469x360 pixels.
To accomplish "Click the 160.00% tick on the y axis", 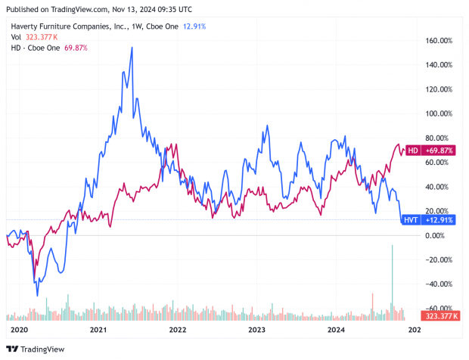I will [x=439, y=40].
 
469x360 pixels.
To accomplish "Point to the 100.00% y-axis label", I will [x=439, y=113].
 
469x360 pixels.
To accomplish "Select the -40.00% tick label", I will [x=437, y=284].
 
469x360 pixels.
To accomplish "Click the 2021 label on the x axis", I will [x=98, y=330].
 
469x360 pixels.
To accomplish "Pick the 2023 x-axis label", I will [x=257, y=330].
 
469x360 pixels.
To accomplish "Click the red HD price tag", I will [x=430, y=151].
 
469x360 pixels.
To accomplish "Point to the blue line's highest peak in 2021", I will [x=132, y=48].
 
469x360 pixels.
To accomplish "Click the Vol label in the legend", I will [x=16, y=36].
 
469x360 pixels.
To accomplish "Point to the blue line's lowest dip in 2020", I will [x=37, y=296].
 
